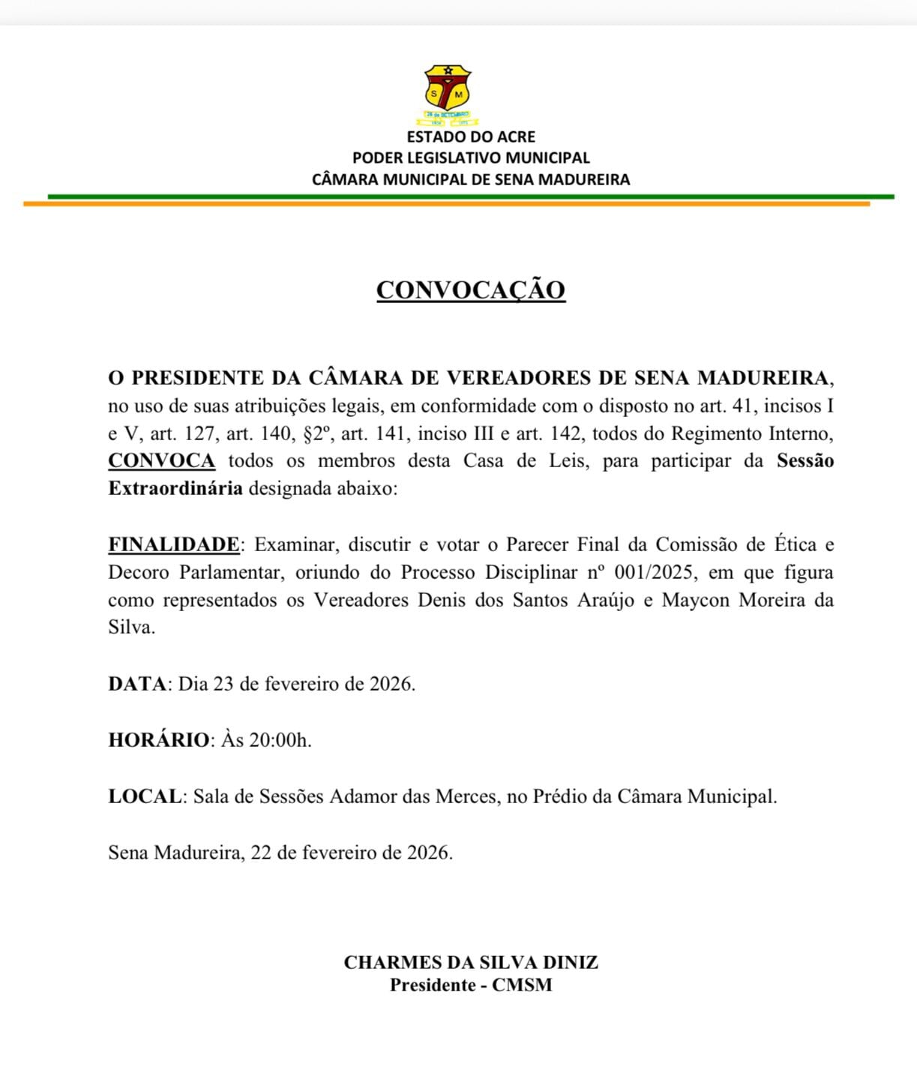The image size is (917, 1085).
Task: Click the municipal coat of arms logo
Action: point(448,93)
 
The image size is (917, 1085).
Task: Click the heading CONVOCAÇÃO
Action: point(470,290)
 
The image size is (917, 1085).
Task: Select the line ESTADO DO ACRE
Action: point(471,137)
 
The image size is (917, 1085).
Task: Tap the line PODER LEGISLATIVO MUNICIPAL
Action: point(471,158)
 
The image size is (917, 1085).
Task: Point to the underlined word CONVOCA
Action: point(161,460)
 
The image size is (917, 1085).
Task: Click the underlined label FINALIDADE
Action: point(173,544)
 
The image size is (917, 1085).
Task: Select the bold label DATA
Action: point(136,684)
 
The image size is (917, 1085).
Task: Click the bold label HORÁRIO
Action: point(159,740)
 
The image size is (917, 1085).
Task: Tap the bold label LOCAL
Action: point(145,796)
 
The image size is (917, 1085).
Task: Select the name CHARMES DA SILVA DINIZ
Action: point(471,963)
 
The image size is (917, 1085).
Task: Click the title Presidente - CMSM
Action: point(471,985)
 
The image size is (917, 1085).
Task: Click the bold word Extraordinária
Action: point(175,489)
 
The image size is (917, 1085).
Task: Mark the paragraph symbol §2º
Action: point(316,433)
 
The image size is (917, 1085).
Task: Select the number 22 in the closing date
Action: point(260,853)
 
